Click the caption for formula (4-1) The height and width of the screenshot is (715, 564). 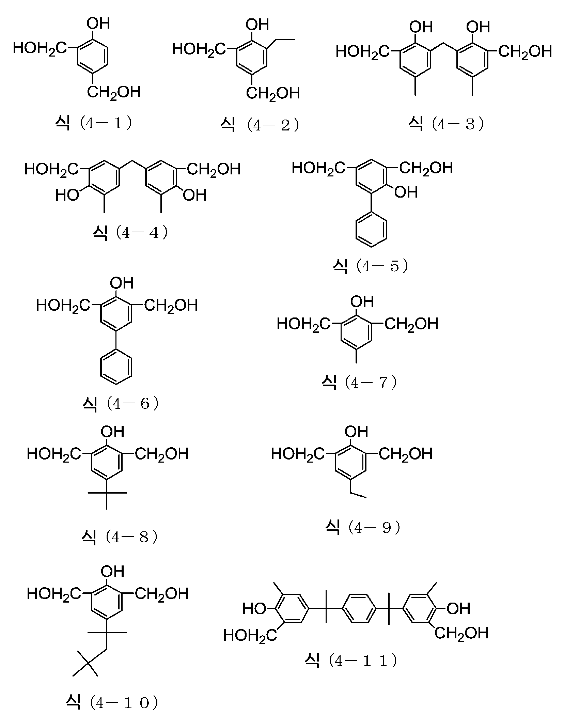93,123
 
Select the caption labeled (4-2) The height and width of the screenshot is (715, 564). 260,125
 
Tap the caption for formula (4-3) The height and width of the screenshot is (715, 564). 446,124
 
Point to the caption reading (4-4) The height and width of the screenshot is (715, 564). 130,233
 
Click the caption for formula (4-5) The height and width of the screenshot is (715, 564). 371,266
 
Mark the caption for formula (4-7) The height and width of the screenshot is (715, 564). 359,383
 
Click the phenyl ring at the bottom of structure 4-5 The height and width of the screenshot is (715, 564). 372,229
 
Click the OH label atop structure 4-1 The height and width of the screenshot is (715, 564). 98,24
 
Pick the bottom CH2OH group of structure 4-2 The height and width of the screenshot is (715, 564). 272,93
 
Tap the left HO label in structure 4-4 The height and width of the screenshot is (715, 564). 67,195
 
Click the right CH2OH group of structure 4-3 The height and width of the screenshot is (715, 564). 525,52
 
